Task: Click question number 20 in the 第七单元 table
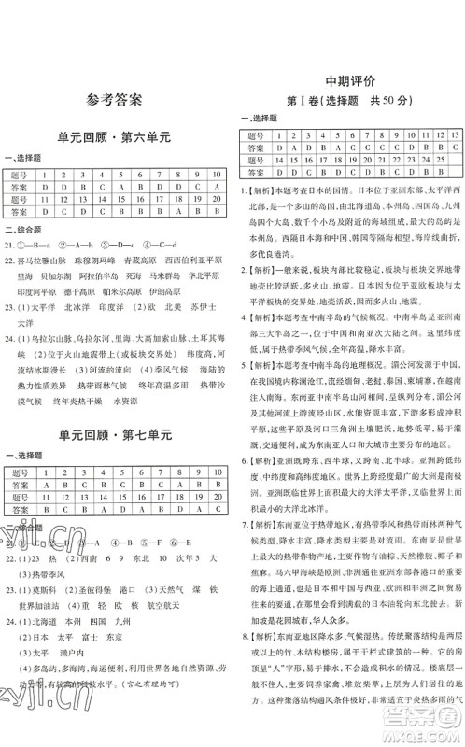pos(214,500)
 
